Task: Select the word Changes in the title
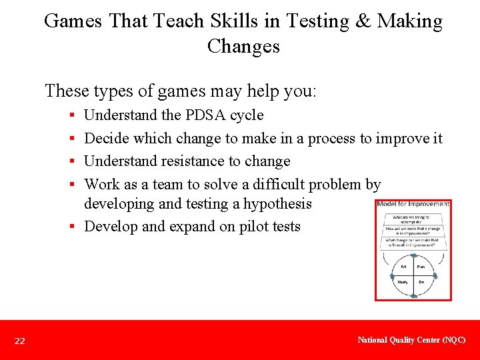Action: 243,47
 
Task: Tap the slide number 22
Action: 20,341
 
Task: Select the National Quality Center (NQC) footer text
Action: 411,340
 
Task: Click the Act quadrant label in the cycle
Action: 403,267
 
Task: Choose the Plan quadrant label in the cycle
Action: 421,267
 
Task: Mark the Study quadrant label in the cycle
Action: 403,282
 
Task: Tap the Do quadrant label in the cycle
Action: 421,282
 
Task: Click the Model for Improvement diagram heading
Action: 413,204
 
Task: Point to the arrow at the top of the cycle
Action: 413,255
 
